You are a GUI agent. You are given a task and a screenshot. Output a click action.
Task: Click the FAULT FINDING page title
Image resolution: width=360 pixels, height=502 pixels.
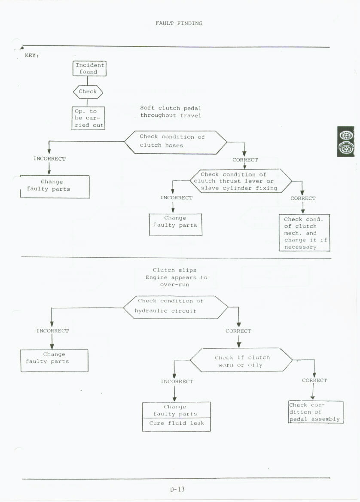pyautogui.click(x=179, y=23)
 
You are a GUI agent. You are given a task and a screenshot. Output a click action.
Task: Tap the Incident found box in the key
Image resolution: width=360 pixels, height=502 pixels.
pyautogui.click(x=89, y=68)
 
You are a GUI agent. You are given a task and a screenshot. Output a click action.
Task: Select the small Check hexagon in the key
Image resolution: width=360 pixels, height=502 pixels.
pyautogui.click(x=88, y=91)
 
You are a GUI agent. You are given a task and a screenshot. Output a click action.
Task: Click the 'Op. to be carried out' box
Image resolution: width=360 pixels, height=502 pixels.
pyautogui.click(x=88, y=118)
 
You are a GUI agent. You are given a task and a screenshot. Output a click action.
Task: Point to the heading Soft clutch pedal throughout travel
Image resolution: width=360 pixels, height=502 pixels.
pyautogui.click(x=171, y=112)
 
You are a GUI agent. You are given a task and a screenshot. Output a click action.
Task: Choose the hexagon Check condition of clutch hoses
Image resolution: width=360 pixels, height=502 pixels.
pyautogui.click(x=175, y=141)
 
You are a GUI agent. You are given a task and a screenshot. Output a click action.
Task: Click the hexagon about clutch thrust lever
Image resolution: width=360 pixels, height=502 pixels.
pyautogui.click(x=240, y=181)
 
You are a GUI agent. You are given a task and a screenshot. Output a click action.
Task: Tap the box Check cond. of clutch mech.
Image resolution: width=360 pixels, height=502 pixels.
pyautogui.click(x=304, y=233)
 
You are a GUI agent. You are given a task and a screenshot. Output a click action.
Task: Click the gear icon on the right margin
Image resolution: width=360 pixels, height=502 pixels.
pyautogui.click(x=345, y=142)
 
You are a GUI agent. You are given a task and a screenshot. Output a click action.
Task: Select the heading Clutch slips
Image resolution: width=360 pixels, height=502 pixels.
pyautogui.click(x=174, y=270)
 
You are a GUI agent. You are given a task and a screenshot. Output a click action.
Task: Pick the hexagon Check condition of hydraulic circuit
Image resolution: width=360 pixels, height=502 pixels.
pyautogui.click(x=175, y=306)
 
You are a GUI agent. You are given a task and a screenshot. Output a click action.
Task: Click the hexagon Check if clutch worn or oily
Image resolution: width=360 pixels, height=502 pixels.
pyautogui.click(x=241, y=361)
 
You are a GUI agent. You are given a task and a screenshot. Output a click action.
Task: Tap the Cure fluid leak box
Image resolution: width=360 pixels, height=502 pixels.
pyautogui.click(x=176, y=423)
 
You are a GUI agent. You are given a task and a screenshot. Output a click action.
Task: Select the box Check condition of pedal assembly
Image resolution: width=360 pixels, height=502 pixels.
pyautogui.click(x=316, y=412)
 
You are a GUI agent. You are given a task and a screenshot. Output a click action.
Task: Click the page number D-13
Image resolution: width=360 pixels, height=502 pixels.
pyautogui.click(x=177, y=489)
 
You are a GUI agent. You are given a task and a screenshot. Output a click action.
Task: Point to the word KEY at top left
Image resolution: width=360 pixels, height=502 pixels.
pyautogui.click(x=32, y=56)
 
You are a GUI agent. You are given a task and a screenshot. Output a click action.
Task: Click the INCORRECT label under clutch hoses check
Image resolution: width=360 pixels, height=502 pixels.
pyautogui.click(x=49, y=159)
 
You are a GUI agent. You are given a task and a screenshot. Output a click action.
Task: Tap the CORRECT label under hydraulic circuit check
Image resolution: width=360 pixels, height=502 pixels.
pyautogui.click(x=238, y=331)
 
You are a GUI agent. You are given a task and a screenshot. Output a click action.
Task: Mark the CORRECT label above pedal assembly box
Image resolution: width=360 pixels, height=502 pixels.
pyautogui.click(x=314, y=380)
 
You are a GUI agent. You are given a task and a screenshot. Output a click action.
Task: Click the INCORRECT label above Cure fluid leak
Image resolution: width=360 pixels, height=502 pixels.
pyautogui.click(x=177, y=381)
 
